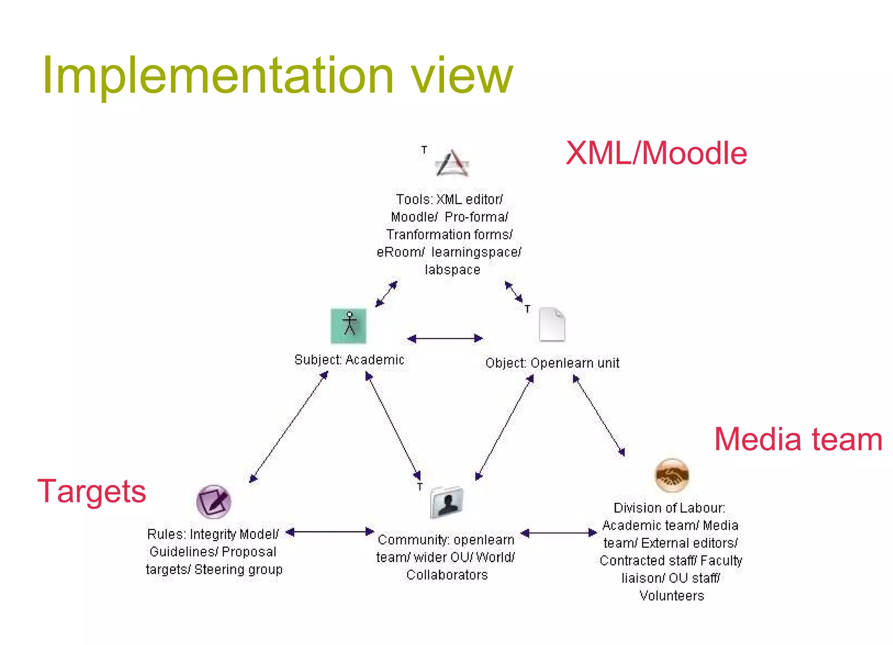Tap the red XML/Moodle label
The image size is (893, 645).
656,154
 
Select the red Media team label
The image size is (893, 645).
798,439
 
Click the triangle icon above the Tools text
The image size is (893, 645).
452,164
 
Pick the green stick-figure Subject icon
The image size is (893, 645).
348,326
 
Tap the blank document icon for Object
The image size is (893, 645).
552,324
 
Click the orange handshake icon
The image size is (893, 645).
671,475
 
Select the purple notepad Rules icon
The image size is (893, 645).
213,502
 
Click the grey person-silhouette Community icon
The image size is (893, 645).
446,502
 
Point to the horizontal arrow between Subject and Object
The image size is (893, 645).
445,338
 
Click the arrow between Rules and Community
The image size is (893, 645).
330,532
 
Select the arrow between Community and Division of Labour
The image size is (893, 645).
559,533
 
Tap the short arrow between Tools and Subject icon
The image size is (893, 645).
386,294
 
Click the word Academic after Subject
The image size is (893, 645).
375,360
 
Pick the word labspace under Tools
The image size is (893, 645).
452,270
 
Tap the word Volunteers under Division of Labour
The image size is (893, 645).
671,596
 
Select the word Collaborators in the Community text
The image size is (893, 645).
447,575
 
